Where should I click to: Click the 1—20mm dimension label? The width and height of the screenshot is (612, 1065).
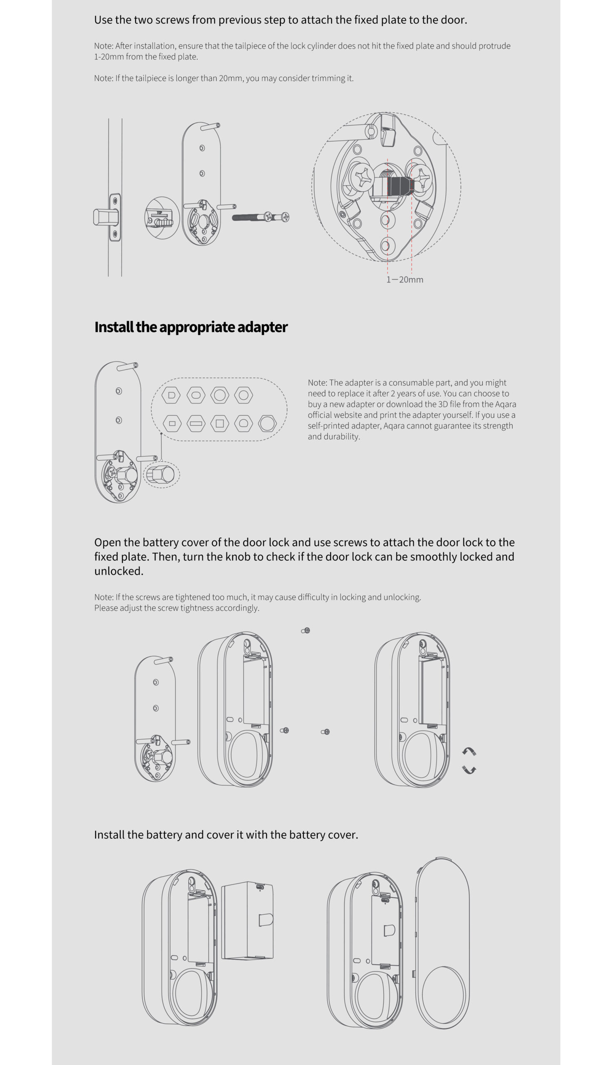405,280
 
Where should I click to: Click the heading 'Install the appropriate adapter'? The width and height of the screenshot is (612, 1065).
191,327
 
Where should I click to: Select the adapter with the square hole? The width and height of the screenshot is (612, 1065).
220,424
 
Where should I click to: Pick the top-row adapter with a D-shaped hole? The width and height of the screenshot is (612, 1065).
171,395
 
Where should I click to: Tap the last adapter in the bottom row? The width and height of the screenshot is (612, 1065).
267,424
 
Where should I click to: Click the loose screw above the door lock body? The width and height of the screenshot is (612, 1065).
306,631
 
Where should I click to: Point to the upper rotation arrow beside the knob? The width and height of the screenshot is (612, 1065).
469,752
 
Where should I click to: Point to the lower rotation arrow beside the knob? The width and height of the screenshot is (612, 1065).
469,770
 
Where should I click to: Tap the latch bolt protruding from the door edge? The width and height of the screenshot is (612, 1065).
104,218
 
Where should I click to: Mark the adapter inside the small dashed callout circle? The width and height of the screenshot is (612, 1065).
161,475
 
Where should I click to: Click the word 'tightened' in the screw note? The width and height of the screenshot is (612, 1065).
192,597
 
